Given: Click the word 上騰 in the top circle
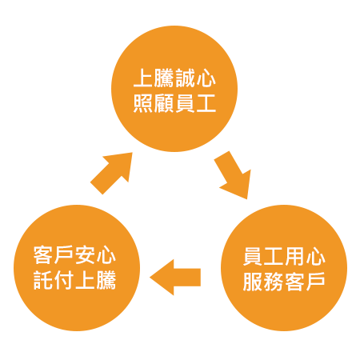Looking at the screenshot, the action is click(x=154, y=78).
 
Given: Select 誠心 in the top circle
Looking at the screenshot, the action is click(x=195, y=78).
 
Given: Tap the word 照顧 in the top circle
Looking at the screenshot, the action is click(x=154, y=103).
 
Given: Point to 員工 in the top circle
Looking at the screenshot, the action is click(x=195, y=103).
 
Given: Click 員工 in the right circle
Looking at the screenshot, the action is click(x=263, y=256).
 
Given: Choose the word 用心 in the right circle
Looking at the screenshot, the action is click(x=305, y=256).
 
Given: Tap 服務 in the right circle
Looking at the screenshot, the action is click(x=263, y=282).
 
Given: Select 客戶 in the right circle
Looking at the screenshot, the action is click(x=305, y=282).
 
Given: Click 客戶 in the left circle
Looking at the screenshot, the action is click(x=54, y=255).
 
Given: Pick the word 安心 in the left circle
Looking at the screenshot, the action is click(x=95, y=255).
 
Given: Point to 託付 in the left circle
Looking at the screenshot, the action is click(x=54, y=280).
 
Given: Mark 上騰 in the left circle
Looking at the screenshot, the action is click(x=95, y=280).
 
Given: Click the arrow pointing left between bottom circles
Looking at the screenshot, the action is click(x=175, y=278).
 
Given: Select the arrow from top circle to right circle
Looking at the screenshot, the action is click(x=233, y=175).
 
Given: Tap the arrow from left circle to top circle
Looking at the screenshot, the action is click(x=111, y=174).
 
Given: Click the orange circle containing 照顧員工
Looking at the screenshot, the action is click(x=174, y=89).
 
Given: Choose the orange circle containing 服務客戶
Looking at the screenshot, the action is click(x=284, y=268).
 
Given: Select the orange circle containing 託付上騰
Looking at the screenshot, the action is click(x=77, y=268).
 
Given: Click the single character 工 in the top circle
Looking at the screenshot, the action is click(x=206, y=103).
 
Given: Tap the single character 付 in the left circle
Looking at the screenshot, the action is click(x=64, y=280).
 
